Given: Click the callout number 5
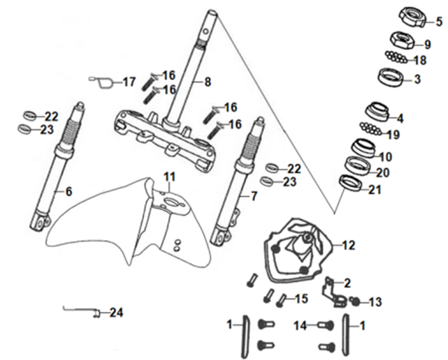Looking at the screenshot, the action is tap(439, 22).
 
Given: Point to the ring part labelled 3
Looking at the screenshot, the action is tap(390, 77).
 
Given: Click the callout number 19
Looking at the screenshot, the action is tap(393, 135).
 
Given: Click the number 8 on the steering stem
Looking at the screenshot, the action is tap(208, 82).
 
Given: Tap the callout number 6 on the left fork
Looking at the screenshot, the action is tap(69, 191).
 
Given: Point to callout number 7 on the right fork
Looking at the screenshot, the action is tap(254, 196).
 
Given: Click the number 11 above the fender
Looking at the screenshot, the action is tap(169, 177).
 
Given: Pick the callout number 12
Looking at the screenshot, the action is tap(348, 245).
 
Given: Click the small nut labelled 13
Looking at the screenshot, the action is tap(355, 301).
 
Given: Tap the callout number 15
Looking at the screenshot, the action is tap(301, 299).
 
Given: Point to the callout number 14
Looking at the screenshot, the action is tap(301, 325).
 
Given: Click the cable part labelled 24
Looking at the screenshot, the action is tap(82, 311).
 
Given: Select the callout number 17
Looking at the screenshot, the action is tap(129, 83).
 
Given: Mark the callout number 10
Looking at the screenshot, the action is tap(386, 157).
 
